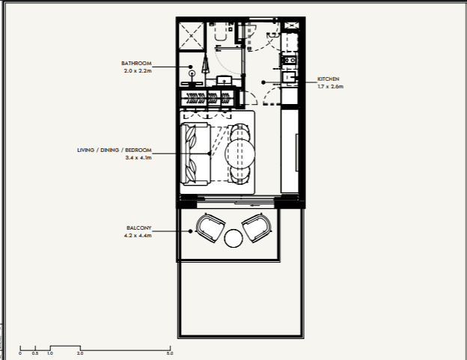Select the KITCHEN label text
point(329,79)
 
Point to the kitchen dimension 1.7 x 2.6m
point(330,86)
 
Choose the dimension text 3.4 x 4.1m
point(138,158)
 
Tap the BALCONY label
point(139,228)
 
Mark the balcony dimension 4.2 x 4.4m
point(138,236)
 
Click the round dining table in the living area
point(240,154)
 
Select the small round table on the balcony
point(233,239)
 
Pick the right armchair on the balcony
point(257,227)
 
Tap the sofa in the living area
point(196,153)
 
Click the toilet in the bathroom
point(222,33)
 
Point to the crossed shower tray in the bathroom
point(192,35)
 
